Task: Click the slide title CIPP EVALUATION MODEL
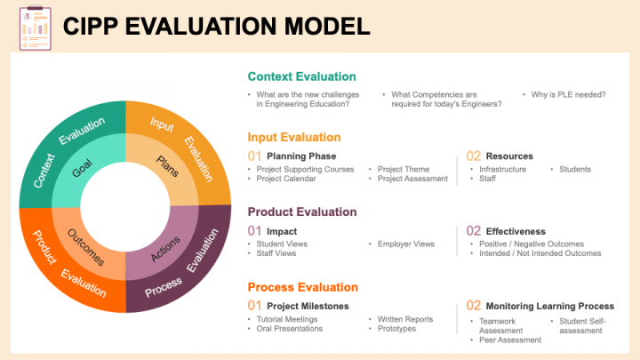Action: (x=216, y=26)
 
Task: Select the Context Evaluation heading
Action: (x=301, y=76)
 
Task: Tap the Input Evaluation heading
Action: (x=293, y=137)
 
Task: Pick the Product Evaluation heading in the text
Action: (x=302, y=212)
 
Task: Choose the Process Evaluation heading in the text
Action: (x=302, y=287)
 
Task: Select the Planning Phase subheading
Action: (x=300, y=156)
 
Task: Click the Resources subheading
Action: (x=509, y=156)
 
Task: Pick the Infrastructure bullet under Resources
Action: (x=502, y=169)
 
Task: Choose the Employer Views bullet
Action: (x=405, y=244)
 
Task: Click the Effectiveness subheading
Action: (x=516, y=231)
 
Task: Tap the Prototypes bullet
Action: (x=396, y=329)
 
